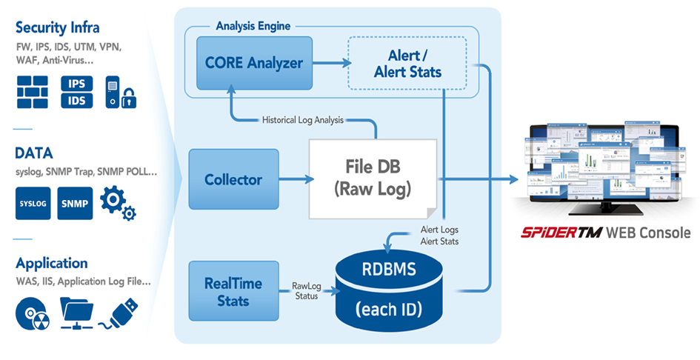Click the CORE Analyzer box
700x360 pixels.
[243, 63]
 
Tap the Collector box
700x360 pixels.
[233, 179]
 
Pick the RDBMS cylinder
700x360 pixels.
[392, 287]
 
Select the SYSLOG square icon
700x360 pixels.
[33, 204]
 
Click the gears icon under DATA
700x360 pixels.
[118, 202]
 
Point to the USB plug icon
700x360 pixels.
[118, 313]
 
